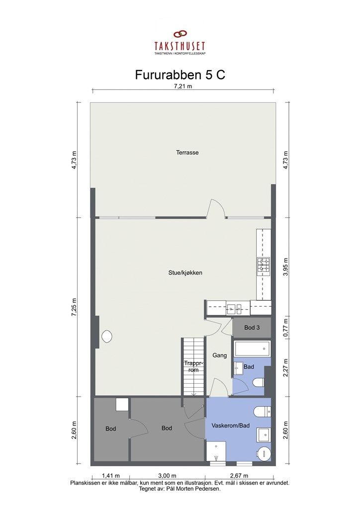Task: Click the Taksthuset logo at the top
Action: pyautogui.click(x=180, y=43)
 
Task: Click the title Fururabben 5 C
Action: pyautogui.click(x=180, y=75)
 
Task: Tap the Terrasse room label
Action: pyautogui.click(x=187, y=153)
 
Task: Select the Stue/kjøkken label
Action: pyautogui.click(x=184, y=273)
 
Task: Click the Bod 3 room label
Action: pyautogui.click(x=252, y=328)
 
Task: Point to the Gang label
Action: pyautogui.click(x=219, y=355)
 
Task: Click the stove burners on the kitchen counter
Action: pyautogui.click(x=263, y=267)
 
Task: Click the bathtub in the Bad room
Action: pyautogui.click(x=252, y=348)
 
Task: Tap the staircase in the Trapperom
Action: pyautogui.click(x=193, y=367)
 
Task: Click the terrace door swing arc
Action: pyautogui.click(x=217, y=208)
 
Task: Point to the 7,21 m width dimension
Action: pyautogui.click(x=183, y=86)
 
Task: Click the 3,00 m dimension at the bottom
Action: pyautogui.click(x=168, y=475)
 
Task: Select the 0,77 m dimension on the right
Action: pyautogui.click(x=286, y=328)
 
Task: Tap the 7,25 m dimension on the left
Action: pyautogui.click(x=75, y=307)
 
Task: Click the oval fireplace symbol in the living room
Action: pyautogui.click(x=106, y=337)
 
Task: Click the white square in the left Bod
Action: pyautogui.click(x=122, y=404)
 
